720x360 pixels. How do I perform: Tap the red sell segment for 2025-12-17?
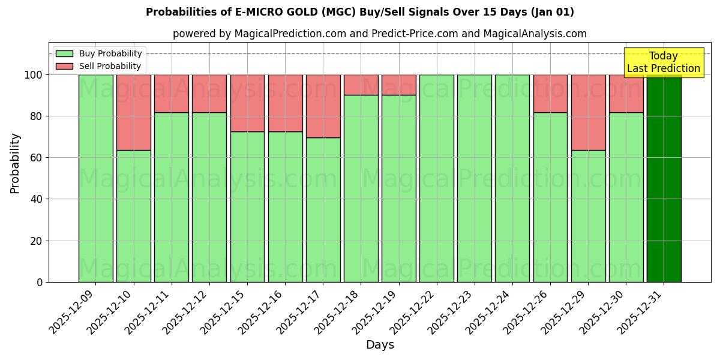(x=323, y=106)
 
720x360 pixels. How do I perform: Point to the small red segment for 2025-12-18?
(x=361, y=85)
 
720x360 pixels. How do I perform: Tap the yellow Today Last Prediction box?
(x=663, y=62)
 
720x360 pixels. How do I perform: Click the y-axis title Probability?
(x=15, y=163)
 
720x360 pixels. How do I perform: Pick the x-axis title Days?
(x=380, y=345)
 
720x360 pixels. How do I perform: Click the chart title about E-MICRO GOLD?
(x=360, y=12)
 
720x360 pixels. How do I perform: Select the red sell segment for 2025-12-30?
(x=626, y=93)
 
